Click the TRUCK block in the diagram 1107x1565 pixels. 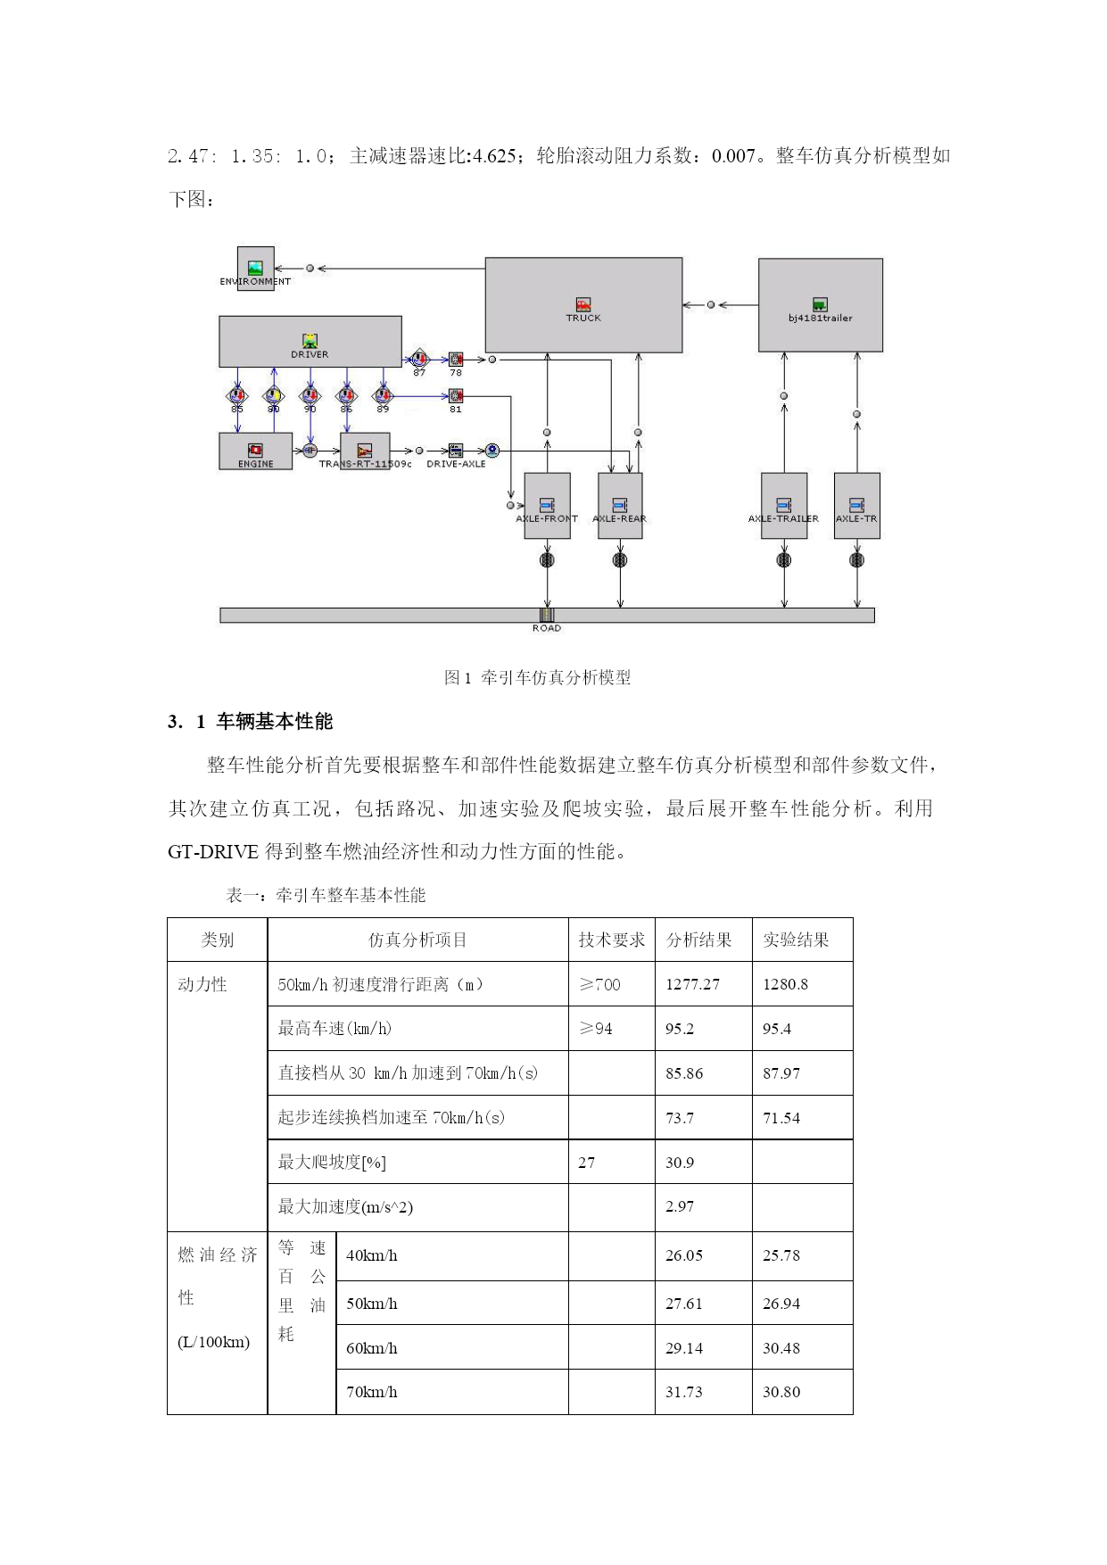pos(583,305)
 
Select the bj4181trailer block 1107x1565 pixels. pos(821,305)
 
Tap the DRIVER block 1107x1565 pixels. pos(310,342)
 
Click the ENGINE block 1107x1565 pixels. pos(256,451)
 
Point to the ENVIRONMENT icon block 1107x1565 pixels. pos(256,269)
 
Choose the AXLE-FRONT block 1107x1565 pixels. pos(547,506)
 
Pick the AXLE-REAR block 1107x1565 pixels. pos(620,506)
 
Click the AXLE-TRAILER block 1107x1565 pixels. pos(784,506)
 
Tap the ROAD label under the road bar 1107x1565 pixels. pos(547,628)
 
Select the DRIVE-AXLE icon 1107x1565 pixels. pos(456,451)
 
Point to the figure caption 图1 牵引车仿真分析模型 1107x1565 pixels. pos(537,677)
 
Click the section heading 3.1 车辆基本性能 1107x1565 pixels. pos(250,721)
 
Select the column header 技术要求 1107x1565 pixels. pos(612,940)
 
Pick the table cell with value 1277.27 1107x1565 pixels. pos(692,984)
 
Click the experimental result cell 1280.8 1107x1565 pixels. pos(785,984)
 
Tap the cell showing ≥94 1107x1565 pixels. pos(596,1029)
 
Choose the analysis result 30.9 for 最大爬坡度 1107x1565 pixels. pos(680,1163)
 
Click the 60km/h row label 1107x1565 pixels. pos(372,1348)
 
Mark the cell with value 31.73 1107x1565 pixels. pos(684,1392)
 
